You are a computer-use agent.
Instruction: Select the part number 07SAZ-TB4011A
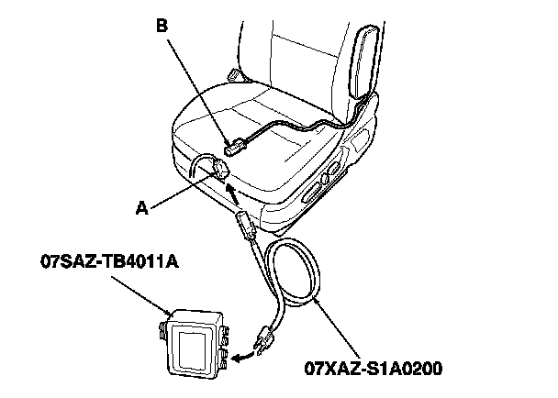(x=109, y=264)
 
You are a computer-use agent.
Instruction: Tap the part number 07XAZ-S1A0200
(x=374, y=371)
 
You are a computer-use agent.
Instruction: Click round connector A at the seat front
(x=220, y=170)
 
